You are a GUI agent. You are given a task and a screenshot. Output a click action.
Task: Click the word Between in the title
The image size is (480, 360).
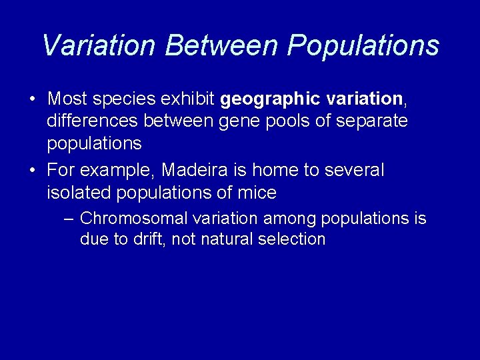coord(223,45)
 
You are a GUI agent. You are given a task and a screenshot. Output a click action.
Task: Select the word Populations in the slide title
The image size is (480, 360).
coord(363,45)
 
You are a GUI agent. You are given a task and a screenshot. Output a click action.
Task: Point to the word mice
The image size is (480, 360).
coord(257,193)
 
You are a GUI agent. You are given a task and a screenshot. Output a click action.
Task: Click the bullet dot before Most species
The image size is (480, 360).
coord(32,100)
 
